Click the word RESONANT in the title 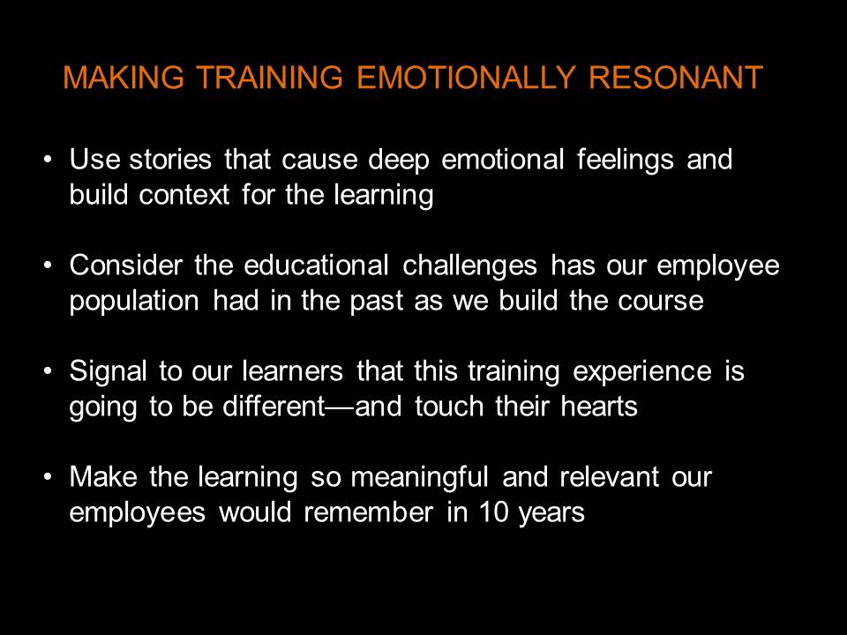pyautogui.click(x=675, y=78)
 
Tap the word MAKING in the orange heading pyautogui.click(x=124, y=78)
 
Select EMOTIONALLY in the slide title pyautogui.click(x=465, y=78)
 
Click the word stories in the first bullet pyautogui.click(x=170, y=160)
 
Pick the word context pyautogui.click(x=184, y=195)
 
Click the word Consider pyautogui.click(x=125, y=265)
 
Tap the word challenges pyautogui.click(x=470, y=266)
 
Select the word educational pyautogui.click(x=316, y=265)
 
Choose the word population pyautogui.click(x=134, y=302)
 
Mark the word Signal pyautogui.click(x=108, y=372)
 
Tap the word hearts pyautogui.click(x=599, y=407)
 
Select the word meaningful pyautogui.click(x=420, y=478)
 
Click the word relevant pyautogui.click(x=609, y=477)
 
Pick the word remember pyautogui.click(x=369, y=512)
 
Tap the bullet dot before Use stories pyautogui.click(x=49, y=160)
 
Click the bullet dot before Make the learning pyautogui.click(x=49, y=477)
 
